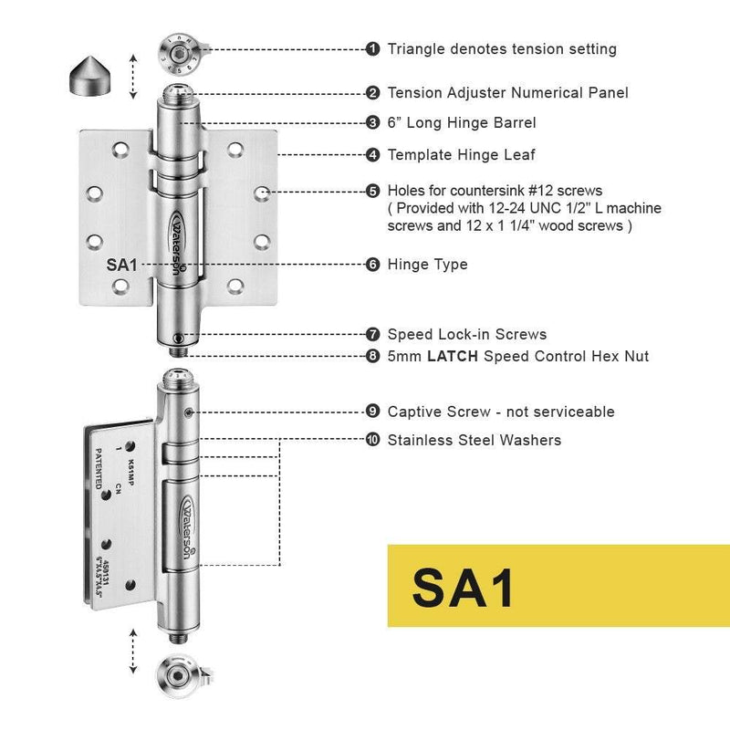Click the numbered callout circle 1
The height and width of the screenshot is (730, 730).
pos(372,49)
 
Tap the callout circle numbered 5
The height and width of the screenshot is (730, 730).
pos(372,192)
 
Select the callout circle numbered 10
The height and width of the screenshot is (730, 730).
pos(372,441)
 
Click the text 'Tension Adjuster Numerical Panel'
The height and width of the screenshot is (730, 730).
pos(507,93)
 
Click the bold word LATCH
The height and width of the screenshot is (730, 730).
pos(454,357)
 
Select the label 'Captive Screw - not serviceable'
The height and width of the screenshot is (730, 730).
pos(501,412)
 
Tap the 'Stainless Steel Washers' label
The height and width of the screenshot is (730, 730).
pos(474,441)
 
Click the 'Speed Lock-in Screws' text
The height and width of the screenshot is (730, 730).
pos(467,335)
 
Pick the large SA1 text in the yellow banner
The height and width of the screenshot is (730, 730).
pos(464,587)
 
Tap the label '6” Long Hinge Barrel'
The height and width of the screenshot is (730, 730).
pos(462,123)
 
